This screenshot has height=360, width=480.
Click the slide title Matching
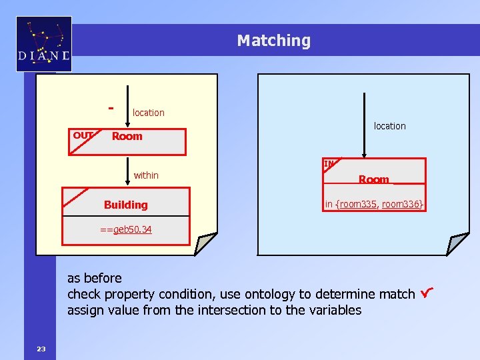click(273, 41)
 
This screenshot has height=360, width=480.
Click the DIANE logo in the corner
click(44, 44)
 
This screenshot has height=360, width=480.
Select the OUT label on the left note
click(83, 135)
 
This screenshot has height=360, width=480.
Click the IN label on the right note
click(329, 163)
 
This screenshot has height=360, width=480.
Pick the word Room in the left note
click(127, 136)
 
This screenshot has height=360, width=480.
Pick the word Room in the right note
click(373, 179)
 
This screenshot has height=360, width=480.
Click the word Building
click(125, 205)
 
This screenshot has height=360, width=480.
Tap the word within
click(146, 175)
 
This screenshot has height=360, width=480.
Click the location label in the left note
click(148, 113)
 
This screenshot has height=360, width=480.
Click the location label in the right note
click(389, 125)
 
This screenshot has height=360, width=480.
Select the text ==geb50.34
click(125, 229)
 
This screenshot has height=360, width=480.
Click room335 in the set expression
click(359, 204)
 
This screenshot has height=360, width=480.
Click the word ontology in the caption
click(273, 294)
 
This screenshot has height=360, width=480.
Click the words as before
click(95, 278)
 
